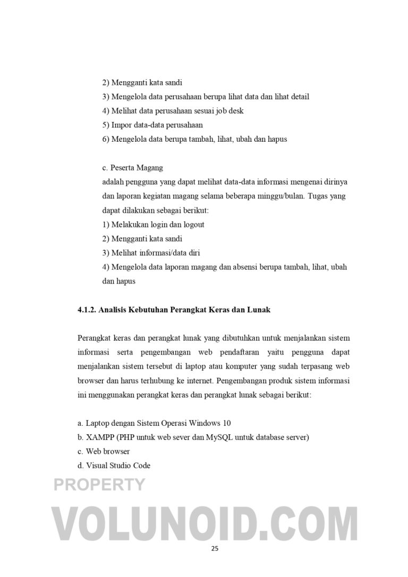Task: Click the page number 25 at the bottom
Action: (214, 549)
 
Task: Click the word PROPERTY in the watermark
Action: (99, 484)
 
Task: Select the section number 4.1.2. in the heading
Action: (87, 309)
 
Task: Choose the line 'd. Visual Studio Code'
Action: (114, 466)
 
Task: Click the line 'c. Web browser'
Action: (104, 451)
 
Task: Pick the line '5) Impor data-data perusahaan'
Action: (152, 125)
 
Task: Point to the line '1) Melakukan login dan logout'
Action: (153, 225)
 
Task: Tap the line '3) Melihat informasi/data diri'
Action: (151, 253)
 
